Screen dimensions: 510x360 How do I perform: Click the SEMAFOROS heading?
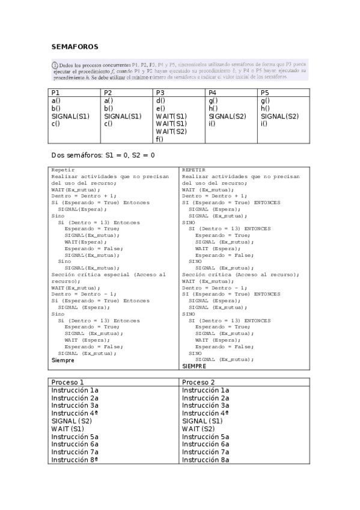(75, 46)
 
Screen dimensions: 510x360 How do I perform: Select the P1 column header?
(56, 93)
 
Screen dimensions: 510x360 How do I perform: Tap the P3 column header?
(160, 93)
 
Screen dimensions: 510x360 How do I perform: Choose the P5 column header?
(265, 93)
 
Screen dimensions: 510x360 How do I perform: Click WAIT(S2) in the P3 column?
(171, 132)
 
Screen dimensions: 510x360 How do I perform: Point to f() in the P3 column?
(159, 140)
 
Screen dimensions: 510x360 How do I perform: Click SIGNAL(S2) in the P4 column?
(227, 116)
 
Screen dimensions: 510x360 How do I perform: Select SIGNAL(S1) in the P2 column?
(123, 116)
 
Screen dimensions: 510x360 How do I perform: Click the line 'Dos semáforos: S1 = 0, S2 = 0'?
(103, 155)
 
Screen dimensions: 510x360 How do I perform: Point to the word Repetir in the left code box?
(63, 170)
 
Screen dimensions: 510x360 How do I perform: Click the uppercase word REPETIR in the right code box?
(194, 170)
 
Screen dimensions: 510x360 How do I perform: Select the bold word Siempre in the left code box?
(63, 360)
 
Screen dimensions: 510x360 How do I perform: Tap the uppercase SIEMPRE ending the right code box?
(194, 366)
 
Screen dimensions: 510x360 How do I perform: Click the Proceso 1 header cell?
(67, 382)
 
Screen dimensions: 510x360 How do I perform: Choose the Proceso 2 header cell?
(198, 382)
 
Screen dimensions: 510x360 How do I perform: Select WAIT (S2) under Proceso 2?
(198, 429)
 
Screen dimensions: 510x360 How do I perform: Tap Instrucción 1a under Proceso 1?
(75, 390)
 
